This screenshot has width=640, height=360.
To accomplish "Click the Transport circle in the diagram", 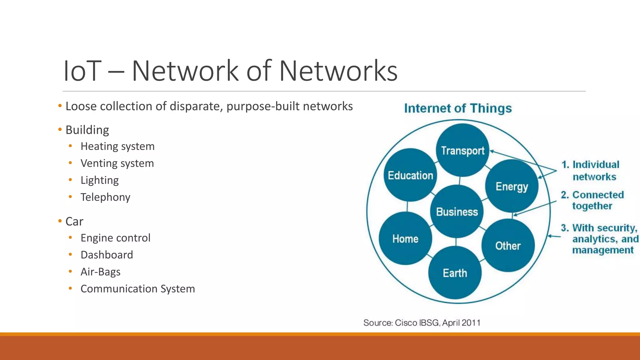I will [x=462, y=150].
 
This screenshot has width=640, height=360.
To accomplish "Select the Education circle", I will [x=410, y=175].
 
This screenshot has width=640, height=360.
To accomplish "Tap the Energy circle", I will [x=512, y=186].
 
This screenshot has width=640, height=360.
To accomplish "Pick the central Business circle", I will [x=457, y=212].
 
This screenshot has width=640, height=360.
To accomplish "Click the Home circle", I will [x=405, y=239].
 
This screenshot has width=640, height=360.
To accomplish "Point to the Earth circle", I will [x=455, y=273].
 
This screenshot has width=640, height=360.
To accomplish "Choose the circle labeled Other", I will [x=508, y=246].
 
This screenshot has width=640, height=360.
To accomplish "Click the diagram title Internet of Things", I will [x=458, y=108].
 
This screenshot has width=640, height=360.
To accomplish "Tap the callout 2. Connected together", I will [x=592, y=200].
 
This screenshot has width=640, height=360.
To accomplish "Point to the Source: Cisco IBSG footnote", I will [x=422, y=322].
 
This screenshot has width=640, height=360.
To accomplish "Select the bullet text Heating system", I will [x=117, y=146].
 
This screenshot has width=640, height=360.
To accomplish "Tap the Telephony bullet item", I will [x=105, y=197].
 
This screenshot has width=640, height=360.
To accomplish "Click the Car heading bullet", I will [x=74, y=221].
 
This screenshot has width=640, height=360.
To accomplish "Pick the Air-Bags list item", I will [x=100, y=272].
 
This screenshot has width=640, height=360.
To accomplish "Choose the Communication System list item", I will [x=137, y=288].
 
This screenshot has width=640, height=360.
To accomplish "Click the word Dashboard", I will [x=107, y=255].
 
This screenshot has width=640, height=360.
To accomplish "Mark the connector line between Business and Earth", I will [x=456, y=242].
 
